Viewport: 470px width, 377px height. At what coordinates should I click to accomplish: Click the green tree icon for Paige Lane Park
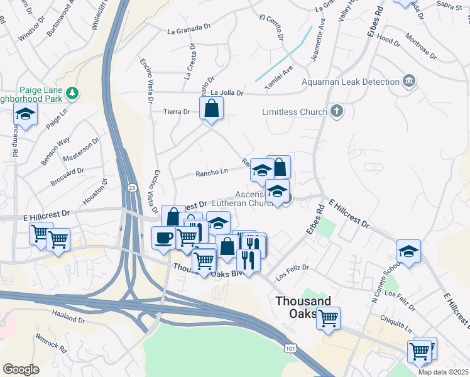point(74,93)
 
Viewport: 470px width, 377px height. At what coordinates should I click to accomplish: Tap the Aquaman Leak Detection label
point(351,82)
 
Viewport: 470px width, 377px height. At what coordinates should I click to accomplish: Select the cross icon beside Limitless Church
point(337,112)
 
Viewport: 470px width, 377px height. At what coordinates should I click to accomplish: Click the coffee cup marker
point(164,238)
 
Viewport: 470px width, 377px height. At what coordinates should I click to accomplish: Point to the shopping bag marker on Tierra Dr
point(212,108)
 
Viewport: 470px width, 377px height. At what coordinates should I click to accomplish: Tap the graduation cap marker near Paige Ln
point(25,114)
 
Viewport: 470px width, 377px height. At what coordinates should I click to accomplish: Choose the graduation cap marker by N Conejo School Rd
point(408,251)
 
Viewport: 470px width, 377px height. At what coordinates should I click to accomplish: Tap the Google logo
point(21,369)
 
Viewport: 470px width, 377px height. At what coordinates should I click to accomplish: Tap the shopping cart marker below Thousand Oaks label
point(327,319)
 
